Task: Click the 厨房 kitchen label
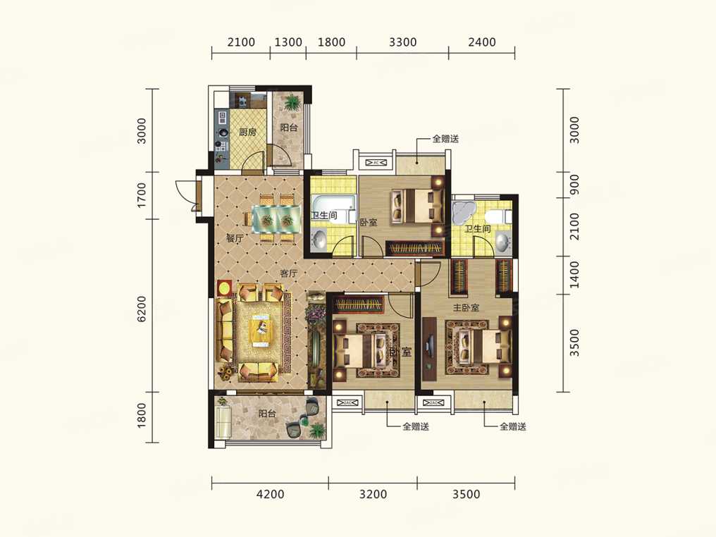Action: (247, 132)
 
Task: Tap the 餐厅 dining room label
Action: (235, 238)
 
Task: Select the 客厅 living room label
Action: (289, 273)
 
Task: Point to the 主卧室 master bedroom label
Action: (466, 308)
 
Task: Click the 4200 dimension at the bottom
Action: (271, 494)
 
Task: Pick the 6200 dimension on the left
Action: (142, 309)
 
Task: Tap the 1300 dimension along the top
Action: (288, 42)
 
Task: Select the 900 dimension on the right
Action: (574, 185)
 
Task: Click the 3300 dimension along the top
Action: (403, 42)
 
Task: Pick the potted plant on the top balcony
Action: (291, 103)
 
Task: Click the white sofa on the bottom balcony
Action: (223, 421)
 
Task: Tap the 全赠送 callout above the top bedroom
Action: (445, 139)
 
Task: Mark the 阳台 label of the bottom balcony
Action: (267, 414)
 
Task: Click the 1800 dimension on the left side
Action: (142, 415)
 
